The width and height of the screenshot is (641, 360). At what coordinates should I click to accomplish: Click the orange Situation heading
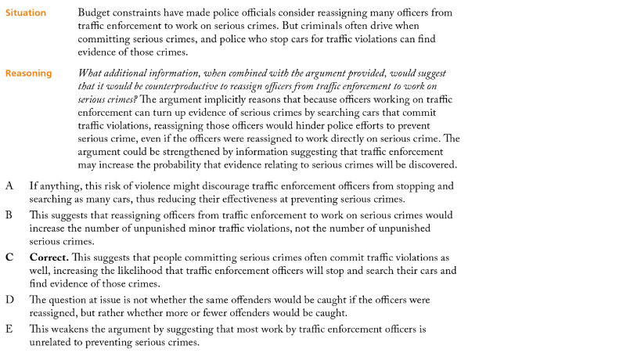26,13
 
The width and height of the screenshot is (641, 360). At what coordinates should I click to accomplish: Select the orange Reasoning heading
28,74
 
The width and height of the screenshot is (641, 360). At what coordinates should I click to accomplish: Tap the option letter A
9,186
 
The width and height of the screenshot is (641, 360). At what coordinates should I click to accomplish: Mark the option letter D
10,300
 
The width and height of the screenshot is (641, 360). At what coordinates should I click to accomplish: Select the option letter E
9,329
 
